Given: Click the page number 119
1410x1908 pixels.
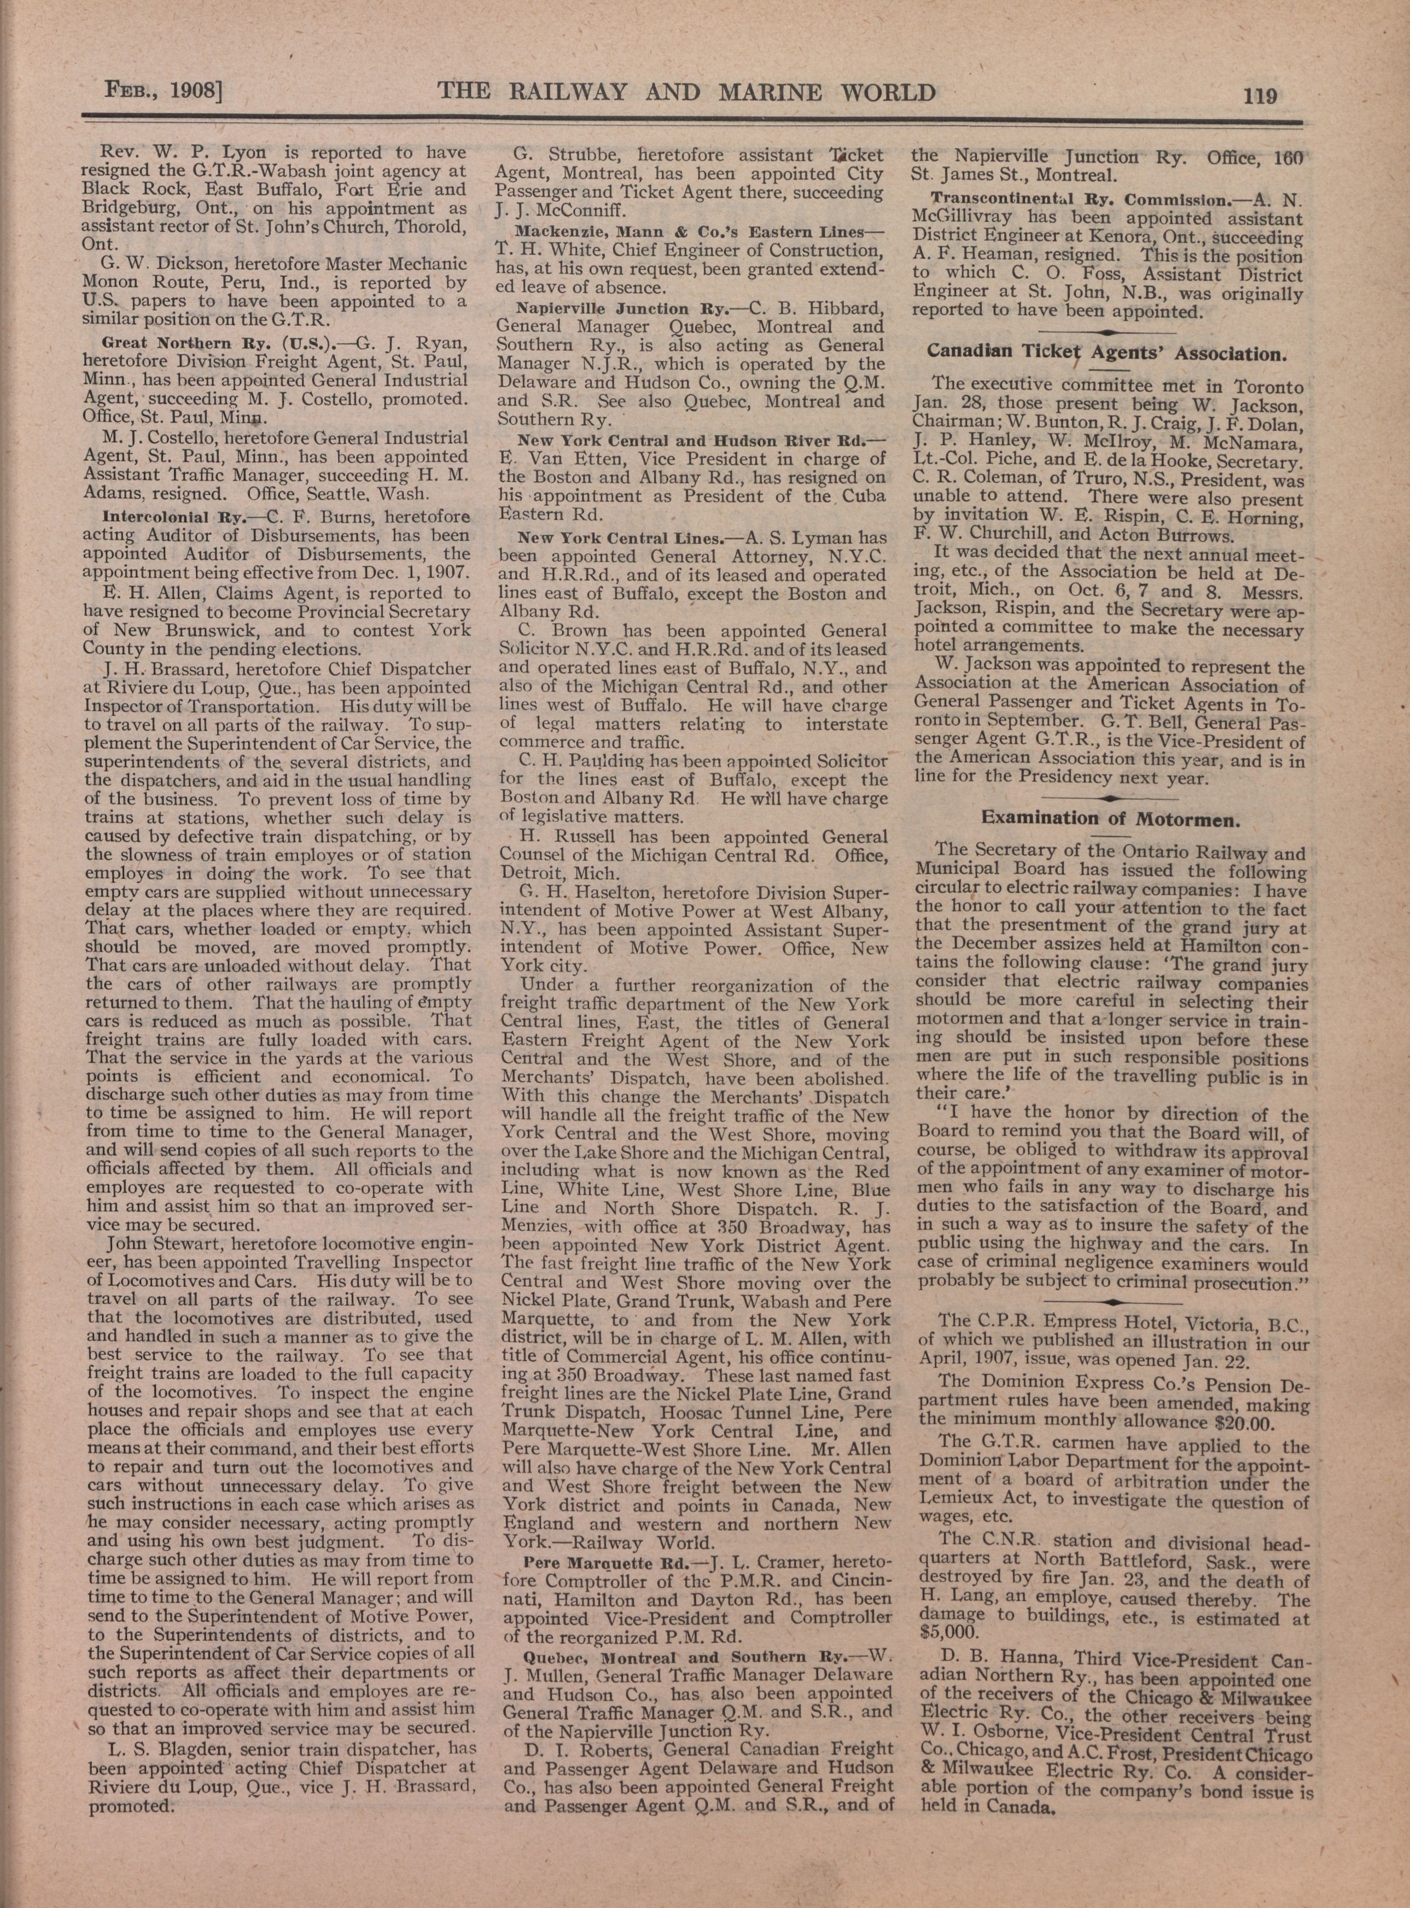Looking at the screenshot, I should point(1259,95).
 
